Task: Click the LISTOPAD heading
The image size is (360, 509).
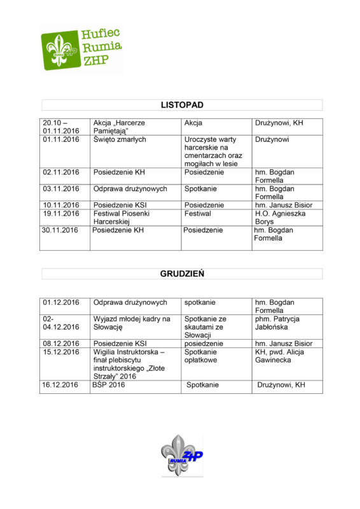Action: pos(182,105)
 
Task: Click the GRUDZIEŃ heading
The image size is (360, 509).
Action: pos(182,274)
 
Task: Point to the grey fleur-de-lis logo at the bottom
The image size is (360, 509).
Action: pos(181,455)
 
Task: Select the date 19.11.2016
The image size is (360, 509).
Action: pos(61,214)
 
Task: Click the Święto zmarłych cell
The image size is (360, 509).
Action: pos(120,139)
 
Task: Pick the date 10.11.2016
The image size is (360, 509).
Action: pos(61,205)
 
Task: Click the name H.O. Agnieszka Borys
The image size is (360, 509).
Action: pos(280,218)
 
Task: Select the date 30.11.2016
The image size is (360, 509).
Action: pos(61,230)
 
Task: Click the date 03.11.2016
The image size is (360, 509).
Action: pos(61,188)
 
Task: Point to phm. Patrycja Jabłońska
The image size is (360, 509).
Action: pos(277,323)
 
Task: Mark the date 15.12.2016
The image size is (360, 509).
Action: pos(61,352)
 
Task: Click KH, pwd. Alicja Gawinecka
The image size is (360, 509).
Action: pos(279,356)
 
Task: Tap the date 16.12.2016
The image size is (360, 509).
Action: pos(61,385)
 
